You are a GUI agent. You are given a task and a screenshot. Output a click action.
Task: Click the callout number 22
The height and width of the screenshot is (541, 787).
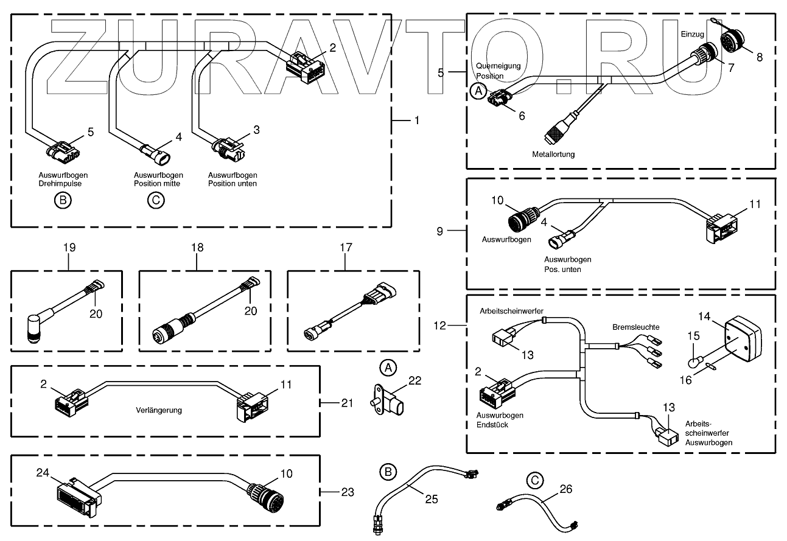pyautogui.click(x=415, y=380)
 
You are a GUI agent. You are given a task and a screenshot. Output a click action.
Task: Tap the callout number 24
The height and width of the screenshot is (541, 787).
pyautogui.click(x=42, y=472)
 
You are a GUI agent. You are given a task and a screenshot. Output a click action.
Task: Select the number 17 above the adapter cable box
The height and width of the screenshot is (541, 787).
pyautogui.click(x=345, y=248)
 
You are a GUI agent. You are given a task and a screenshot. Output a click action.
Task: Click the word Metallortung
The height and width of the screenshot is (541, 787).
pyautogui.click(x=553, y=154)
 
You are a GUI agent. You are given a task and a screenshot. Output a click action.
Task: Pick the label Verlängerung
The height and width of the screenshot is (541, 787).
pyautogui.click(x=159, y=410)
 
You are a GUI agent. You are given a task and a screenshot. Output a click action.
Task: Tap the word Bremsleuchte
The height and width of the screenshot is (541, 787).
pyautogui.click(x=635, y=327)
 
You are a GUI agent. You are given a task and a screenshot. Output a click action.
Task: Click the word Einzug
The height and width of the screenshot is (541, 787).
pyautogui.click(x=691, y=33)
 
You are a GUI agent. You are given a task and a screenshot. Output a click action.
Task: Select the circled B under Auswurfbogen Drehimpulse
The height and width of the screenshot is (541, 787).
pyautogui.click(x=63, y=200)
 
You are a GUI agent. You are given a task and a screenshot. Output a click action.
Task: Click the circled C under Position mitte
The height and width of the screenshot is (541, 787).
pyautogui.click(x=156, y=200)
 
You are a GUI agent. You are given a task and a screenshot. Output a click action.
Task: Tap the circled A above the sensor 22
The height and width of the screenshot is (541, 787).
pyautogui.click(x=388, y=368)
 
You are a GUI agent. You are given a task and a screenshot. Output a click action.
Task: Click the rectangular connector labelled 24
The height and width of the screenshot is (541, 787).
pyautogui.click(x=76, y=494)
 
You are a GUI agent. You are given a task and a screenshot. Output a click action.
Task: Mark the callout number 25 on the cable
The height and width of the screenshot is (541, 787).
pyautogui.click(x=431, y=499)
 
